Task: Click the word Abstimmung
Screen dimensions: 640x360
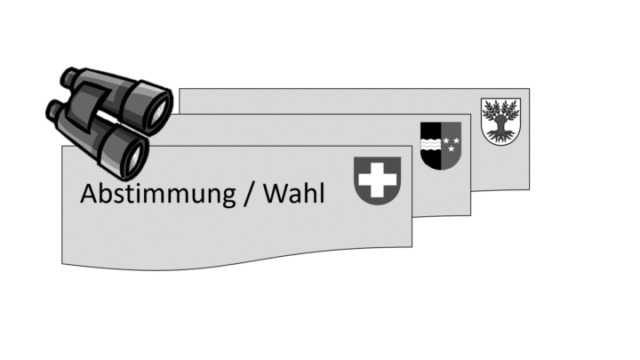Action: point(158,195)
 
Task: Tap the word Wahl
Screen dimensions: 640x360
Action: point(294,194)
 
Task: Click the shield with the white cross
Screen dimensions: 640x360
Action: point(378,180)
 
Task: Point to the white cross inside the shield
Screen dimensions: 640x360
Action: point(378,180)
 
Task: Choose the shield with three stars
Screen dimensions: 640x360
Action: point(441,146)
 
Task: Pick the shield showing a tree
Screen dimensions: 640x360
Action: point(500,122)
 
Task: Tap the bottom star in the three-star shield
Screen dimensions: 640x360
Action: point(451,149)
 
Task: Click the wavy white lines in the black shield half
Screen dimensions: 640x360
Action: point(430,144)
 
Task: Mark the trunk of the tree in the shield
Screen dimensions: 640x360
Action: point(500,124)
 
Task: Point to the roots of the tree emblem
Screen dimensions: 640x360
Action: point(500,136)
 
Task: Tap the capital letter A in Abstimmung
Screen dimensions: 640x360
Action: point(91,194)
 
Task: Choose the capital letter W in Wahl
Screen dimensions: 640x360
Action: point(277,194)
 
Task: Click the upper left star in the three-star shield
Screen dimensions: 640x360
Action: point(446,140)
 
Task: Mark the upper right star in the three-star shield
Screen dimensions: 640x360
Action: point(456,140)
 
